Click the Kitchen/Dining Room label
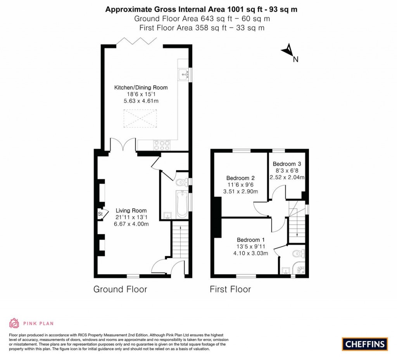tap(141, 88)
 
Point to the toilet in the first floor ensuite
tap(299, 253)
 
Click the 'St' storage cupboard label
tap(100, 214)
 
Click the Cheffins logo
tap(365, 344)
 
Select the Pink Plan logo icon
tap(14, 323)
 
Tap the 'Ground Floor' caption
tap(120, 289)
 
